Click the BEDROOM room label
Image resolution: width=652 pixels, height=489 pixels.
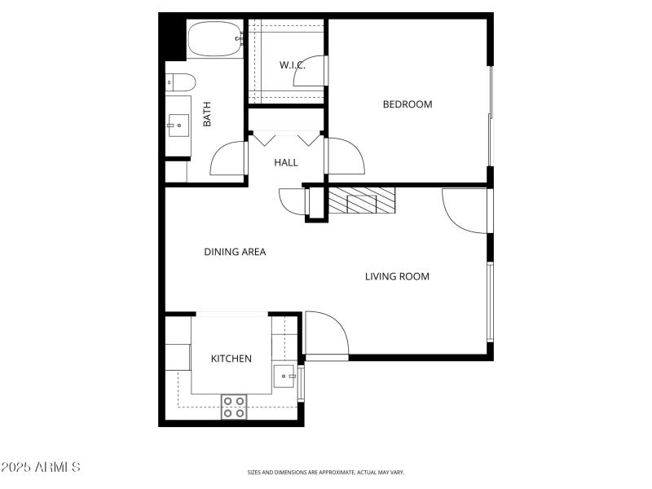click(407, 104)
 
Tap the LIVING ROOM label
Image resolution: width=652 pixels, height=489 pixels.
click(397, 276)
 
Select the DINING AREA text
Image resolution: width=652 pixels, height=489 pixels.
click(235, 252)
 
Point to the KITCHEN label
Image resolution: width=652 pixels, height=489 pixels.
click(231, 359)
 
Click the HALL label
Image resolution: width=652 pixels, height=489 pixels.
click(286, 162)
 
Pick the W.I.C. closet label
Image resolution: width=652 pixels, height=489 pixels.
click(292, 65)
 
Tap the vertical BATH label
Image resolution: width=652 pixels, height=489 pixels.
click(207, 113)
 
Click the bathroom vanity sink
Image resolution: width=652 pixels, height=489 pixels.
click(178, 125)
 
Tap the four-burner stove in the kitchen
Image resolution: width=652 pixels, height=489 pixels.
click(235, 407)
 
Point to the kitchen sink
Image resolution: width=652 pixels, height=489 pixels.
click(284, 377)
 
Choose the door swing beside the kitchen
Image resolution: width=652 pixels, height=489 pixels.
click(325, 335)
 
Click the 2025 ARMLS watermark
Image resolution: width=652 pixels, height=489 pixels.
click(41, 467)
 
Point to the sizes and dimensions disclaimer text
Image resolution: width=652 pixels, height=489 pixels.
click(326, 472)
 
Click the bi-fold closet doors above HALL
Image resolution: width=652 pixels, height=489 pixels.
click(286, 139)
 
